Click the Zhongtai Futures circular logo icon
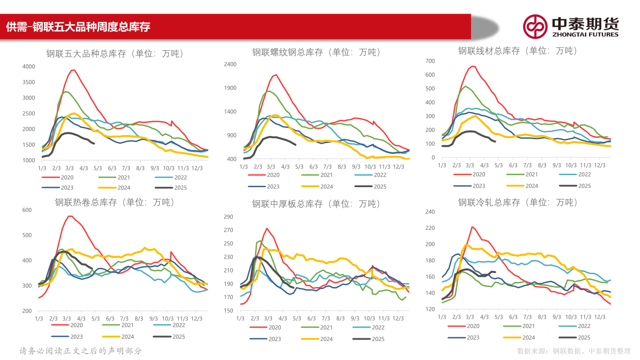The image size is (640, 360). coord(535,27)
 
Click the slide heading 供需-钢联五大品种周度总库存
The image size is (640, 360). coord(78,27)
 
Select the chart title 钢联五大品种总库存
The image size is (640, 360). coord(115,54)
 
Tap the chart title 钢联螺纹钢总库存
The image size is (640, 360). coord(316,52)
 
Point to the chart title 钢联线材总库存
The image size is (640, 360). coord(518,51)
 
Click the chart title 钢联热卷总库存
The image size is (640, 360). coord(115,202)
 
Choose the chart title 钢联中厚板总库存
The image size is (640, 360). coord(316,204)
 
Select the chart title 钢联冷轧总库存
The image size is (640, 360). coord(518,202)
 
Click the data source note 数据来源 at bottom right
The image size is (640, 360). coord(573,351)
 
